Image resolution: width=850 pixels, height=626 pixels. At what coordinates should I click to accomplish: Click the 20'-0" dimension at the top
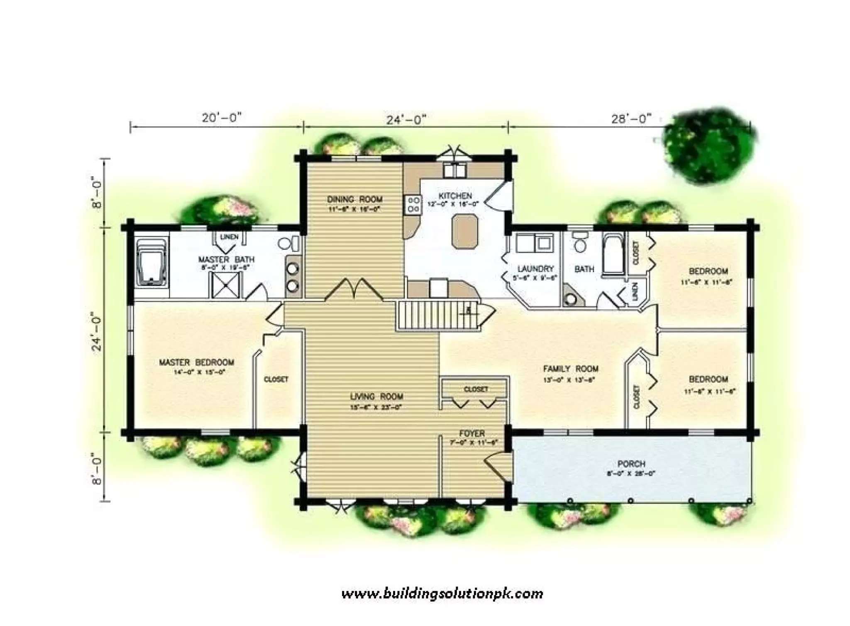point(221,118)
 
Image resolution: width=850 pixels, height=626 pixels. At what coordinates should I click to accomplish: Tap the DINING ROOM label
point(354,199)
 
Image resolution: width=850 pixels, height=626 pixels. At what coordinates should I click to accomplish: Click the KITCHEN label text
point(455,196)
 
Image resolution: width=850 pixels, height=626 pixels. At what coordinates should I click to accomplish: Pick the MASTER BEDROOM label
point(196,362)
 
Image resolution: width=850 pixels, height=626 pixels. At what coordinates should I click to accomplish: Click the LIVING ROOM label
point(376,396)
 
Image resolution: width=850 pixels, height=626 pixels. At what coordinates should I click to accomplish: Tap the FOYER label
point(472,434)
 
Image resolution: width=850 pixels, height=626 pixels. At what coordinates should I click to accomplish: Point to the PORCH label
point(631,464)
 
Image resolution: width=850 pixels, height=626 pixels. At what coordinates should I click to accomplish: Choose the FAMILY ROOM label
point(571,369)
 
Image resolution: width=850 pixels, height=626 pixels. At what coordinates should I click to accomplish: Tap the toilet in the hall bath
point(579,242)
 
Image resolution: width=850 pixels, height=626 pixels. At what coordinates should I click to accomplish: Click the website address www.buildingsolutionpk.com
point(442,594)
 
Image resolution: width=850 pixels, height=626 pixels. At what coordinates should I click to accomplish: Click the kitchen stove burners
point(413,205)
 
